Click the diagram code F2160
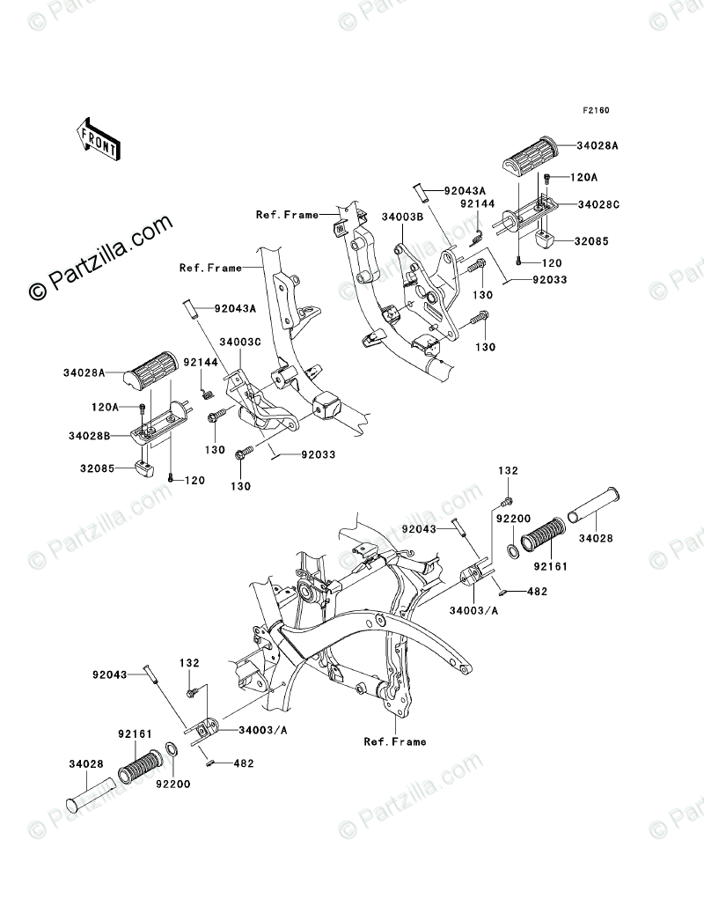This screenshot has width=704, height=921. point(595,112)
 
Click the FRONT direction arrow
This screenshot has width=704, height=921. point(99,139)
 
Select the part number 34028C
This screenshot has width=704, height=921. point(598,203)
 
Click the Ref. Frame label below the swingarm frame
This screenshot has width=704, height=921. point(394,741)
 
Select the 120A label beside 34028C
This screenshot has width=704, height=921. point(583,177)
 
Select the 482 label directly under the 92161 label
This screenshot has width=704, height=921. point(536,592)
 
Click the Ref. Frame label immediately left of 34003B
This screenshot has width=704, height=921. point(286,215)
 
